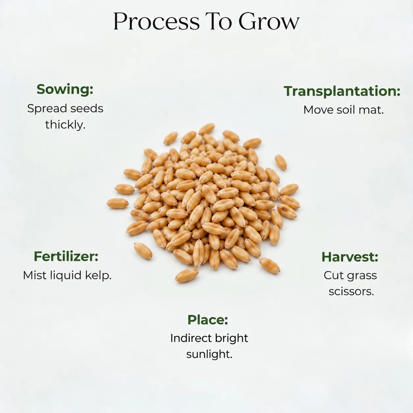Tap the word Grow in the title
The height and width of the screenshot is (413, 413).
pos(269,21)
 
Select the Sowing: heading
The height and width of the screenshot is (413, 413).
pos(65,90)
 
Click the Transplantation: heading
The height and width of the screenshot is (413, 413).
pos(342,92)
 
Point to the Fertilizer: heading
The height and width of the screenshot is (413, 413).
pos(66,256)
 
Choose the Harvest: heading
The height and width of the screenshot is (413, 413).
pos(350,257)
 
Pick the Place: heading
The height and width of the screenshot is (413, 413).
pos(208,320)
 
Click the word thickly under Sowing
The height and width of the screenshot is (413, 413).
pos(65,125)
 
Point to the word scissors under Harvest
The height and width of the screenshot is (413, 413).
pos(351,292)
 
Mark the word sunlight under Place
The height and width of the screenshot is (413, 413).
pos(209,355)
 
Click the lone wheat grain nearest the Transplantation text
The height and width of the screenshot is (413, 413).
pos(281,162)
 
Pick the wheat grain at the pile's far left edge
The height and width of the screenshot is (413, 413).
pos(118,203)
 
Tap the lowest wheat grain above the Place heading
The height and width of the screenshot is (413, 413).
pos(187,275)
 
